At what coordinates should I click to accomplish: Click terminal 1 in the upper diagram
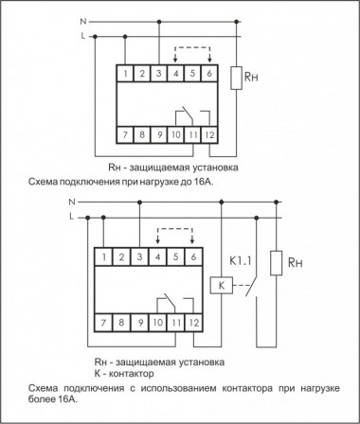tap(124, 72)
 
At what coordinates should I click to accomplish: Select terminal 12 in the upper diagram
tap(208, 136)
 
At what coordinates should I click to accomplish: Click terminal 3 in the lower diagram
tap(141, 256)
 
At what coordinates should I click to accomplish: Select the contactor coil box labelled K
tap(220, 284)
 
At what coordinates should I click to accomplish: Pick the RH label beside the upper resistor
tap(254, 78)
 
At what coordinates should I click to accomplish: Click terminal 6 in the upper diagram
tap(209, 72)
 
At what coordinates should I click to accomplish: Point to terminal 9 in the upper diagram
tap(158, 136)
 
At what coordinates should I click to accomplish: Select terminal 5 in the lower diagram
tap(176, 256)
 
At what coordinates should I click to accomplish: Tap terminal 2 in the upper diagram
tap(141, 72)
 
